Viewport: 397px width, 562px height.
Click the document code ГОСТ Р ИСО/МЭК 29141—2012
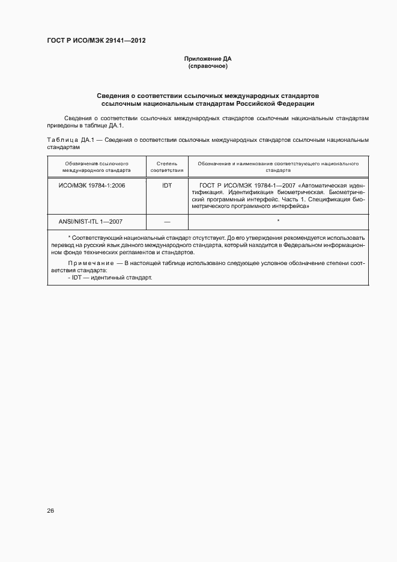pos(95,41)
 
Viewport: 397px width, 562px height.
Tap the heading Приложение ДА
pos(207,59)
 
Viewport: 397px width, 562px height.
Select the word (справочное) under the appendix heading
pos(207,66)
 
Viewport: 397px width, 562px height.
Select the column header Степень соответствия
pos(167,166)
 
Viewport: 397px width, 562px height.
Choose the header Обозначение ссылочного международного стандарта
pos(97,166)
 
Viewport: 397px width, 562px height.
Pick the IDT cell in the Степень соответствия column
pos(167,185)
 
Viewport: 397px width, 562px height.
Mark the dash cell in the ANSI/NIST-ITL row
pos(167,222)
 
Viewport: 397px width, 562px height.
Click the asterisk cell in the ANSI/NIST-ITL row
pos(278,221)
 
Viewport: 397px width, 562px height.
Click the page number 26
pos(50,511)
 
